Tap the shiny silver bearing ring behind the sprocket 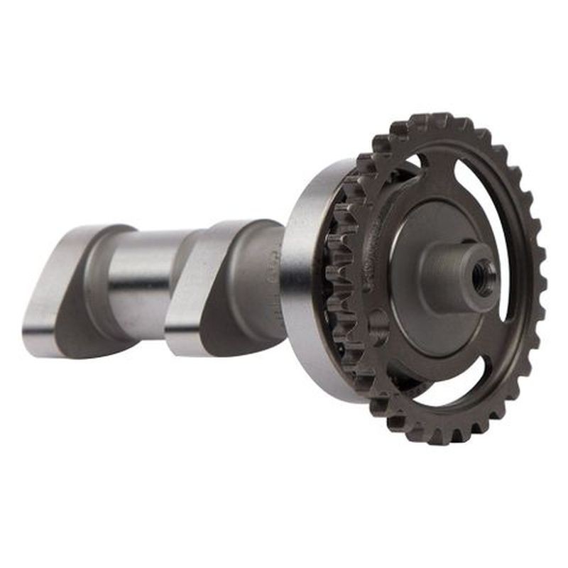[302, 284]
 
